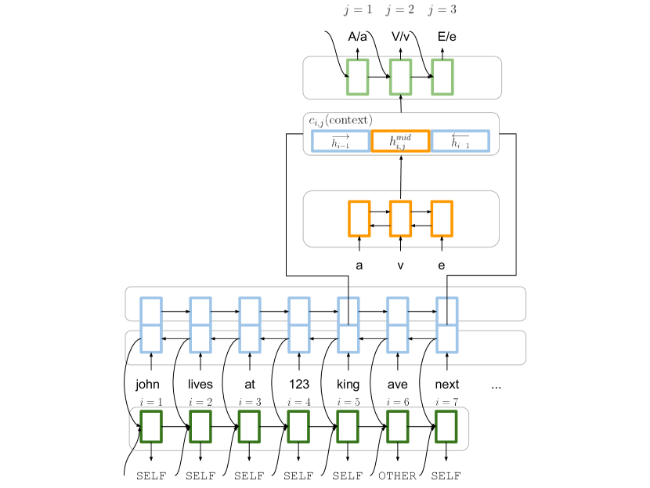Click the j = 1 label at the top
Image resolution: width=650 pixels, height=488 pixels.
(358, 10)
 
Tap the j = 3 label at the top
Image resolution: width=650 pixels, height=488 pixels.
(442, 10)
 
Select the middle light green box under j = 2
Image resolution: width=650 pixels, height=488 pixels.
(400, 77)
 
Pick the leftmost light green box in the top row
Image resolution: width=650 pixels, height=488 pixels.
(358, 77)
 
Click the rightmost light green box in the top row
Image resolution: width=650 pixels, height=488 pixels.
(442, 77)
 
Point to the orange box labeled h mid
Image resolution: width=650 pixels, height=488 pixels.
(400, 141)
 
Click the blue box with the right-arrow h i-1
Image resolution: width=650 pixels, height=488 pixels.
(341, 141)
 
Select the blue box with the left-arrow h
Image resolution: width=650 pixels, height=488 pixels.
(460, 141)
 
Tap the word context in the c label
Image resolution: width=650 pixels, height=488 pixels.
(349, 120)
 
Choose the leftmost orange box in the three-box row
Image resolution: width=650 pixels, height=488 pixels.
(359, 219)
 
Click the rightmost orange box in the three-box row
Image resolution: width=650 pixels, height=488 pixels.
(442, 219)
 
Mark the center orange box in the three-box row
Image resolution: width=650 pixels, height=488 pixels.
(400, 219)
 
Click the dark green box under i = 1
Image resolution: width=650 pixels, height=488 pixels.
(151, 427)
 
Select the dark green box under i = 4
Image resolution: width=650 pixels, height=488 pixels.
(298, 427)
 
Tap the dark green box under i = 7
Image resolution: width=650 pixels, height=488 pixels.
(446, 427)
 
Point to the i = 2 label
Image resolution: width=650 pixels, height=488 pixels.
(200, 402)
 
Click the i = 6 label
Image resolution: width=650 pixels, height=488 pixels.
(397, 402)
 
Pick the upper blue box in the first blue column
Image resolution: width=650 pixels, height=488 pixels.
(151, 310)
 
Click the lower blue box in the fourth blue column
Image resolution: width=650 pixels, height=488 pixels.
(298, 339)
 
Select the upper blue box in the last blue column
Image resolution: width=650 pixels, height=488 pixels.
(447, 310)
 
